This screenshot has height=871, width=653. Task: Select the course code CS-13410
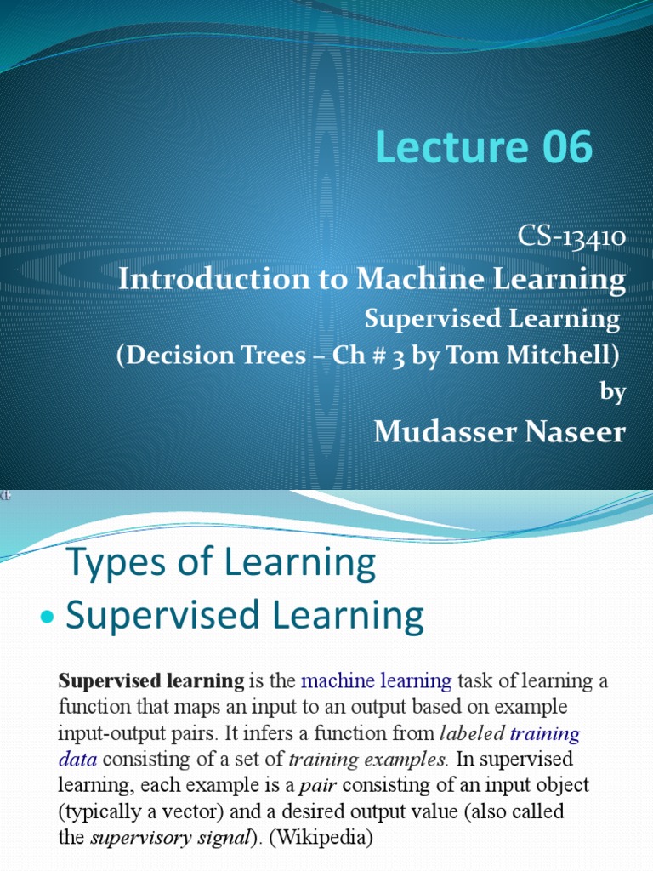571,239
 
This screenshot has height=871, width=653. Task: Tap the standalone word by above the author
613,392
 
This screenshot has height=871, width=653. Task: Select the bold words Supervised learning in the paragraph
150,680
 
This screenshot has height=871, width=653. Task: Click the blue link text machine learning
377,680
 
